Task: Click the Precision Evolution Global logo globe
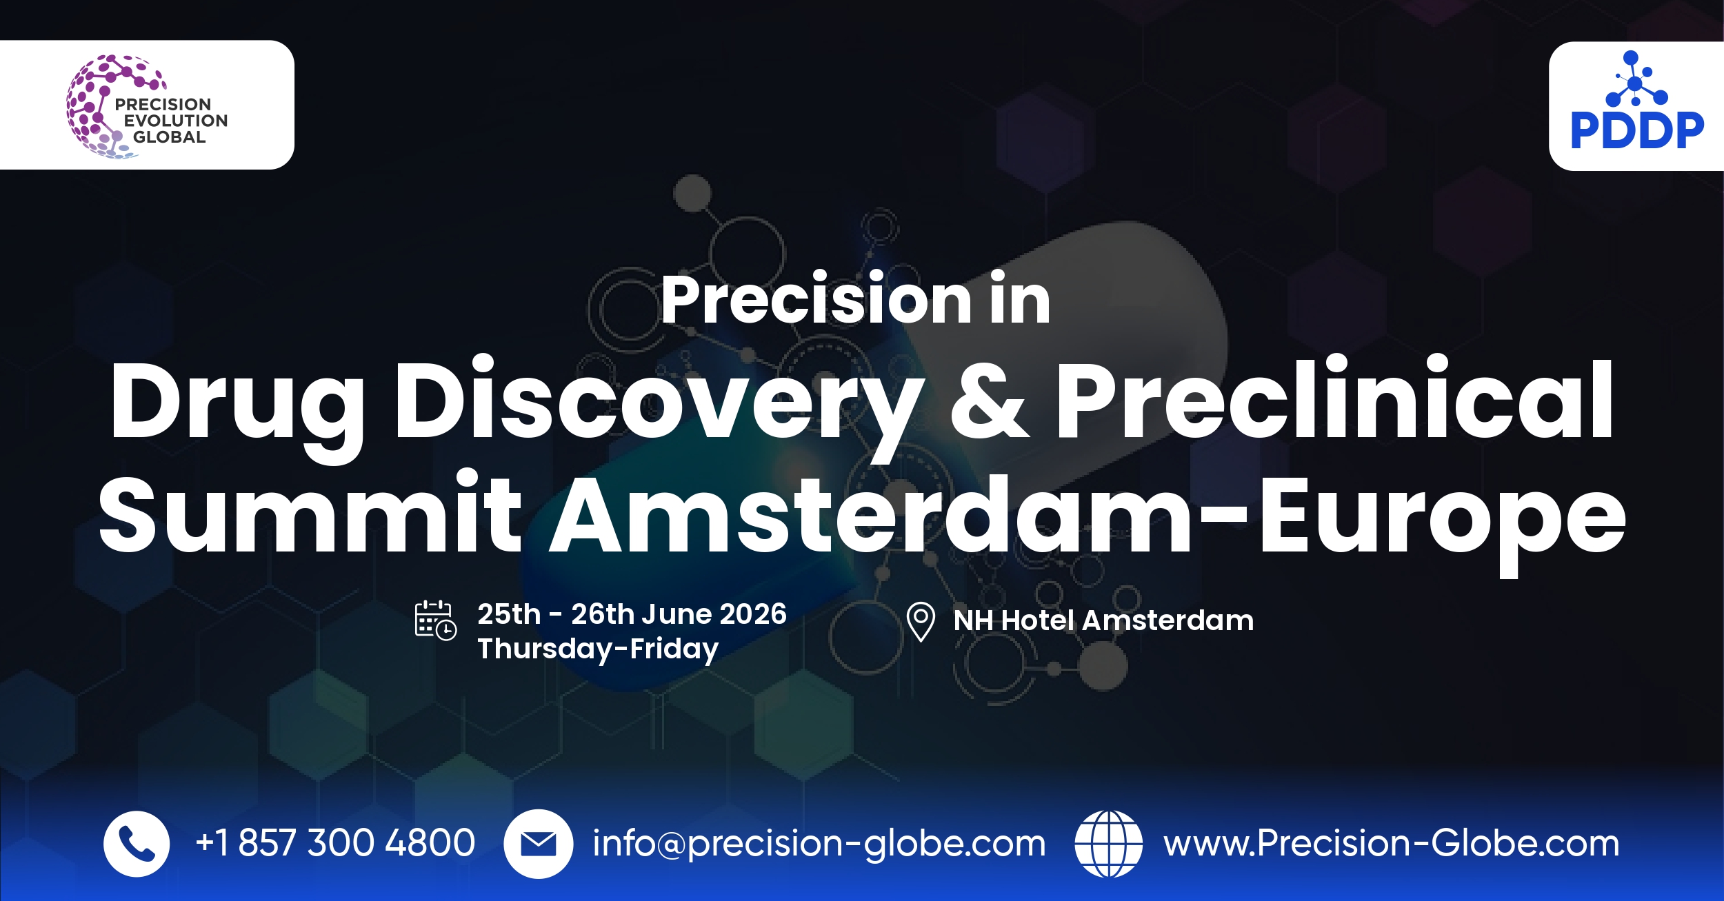[x=103, y=107]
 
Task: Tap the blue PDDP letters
[x=1637, y=131]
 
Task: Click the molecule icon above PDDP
[x=1636, y=79]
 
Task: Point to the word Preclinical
[x=1335, y=398]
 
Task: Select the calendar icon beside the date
[x=435, y=620]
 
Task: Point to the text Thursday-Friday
[x=598, y=649]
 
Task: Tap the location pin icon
[x=921, y=622]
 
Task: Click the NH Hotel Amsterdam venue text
[x=1103, y=620]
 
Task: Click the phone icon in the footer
[x=137, y=844]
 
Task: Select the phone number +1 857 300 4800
[x=335, y=843]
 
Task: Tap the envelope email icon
[x=538, y=844]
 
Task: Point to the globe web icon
[x=1108, y=844]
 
